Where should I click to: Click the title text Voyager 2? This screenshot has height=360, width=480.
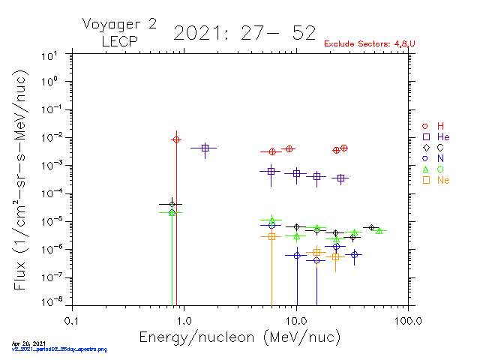(x=119, y=24)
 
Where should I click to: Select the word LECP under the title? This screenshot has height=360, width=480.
(x=119, y=42)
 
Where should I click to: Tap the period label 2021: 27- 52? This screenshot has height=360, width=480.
(x=244, y=33)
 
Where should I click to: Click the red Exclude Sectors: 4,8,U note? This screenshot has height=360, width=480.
(x=369, y=44)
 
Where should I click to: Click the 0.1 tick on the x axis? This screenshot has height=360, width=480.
(x=72, y=320)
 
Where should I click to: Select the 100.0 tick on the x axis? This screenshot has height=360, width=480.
(x=408, y=320)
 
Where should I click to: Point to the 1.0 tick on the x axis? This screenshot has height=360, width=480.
(x=184, y=320)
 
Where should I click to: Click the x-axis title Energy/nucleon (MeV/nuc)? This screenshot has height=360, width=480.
(x=239, y=338)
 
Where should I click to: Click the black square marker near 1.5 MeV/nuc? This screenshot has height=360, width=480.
(x=205, y=148)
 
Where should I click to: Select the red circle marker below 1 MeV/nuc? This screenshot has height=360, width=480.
(x=176, y=139)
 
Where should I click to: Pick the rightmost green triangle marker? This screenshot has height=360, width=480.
(x=379, y=230)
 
